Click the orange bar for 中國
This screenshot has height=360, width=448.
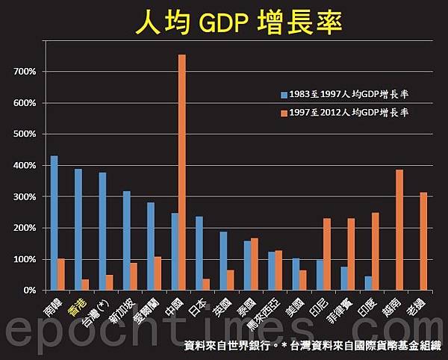181,172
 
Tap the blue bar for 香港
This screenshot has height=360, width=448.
78,229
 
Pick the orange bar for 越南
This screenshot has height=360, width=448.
399,229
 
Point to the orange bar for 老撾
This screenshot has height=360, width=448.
423,240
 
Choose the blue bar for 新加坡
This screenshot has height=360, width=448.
126,240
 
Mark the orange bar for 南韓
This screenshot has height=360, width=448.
61,274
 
